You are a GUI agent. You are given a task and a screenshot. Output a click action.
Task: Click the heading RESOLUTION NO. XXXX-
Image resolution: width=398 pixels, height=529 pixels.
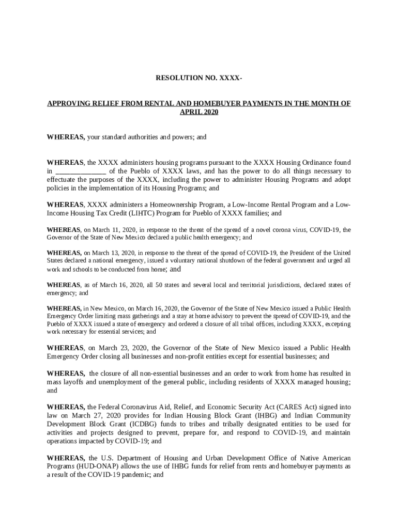pyautogui.click(x=199, y=78)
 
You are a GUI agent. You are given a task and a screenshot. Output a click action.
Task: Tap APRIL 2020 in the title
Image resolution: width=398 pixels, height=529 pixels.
pyautogui.click(x=199, y=112)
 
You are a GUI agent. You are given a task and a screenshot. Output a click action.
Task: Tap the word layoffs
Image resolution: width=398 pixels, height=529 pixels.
pyautogui.click(x=72, y=382)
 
